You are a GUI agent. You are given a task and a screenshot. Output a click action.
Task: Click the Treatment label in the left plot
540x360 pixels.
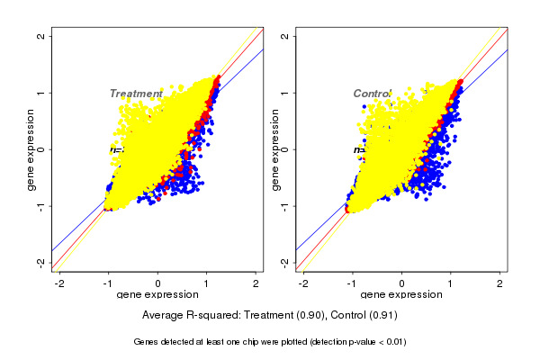tap(136, 94)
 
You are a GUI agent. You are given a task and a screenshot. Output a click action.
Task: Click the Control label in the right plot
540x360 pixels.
tap(373, 94)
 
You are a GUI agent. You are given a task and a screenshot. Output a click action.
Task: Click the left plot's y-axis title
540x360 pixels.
tap(31, 149)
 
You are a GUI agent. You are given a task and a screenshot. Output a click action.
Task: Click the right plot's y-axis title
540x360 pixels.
tap(276, 149)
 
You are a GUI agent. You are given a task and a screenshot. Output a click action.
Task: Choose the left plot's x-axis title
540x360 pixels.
tap(158, 295)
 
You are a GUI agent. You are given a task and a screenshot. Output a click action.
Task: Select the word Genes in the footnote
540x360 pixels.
tap(147, 342)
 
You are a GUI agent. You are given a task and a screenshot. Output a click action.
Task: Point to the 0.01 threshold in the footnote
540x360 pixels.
tap(394, 342)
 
